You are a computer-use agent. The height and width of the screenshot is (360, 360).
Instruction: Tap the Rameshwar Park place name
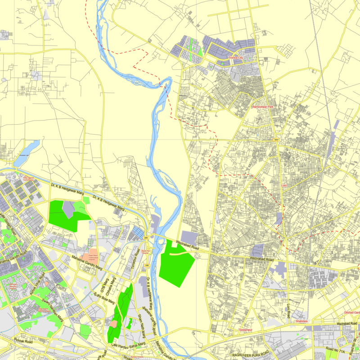pos(262,107)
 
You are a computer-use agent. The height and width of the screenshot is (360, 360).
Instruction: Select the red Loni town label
pos(283,185)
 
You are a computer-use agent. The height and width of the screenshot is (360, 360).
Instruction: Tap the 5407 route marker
pos(275,140)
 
